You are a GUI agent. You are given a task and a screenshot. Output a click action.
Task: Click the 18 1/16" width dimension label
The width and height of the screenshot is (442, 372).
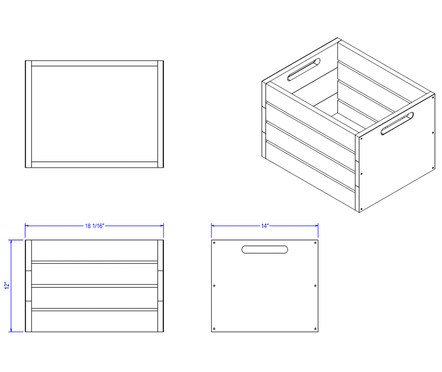coord(95,226)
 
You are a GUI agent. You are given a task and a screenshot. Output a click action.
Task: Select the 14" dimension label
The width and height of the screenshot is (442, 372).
coord(265,226)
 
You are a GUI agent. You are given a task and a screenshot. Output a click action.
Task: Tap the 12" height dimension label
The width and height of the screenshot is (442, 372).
coord(7,285)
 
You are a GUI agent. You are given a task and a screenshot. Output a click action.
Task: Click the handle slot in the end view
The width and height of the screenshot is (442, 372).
coord(265,249)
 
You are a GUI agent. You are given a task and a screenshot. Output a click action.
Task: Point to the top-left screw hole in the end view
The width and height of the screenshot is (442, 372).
coord(214,243)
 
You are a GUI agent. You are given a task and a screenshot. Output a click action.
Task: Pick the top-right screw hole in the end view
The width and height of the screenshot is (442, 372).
coord(315,243)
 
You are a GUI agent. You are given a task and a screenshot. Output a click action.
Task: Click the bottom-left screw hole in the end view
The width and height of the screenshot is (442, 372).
coord(214,329)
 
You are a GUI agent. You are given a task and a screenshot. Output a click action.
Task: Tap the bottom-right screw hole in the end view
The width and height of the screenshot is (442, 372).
coord(315,329)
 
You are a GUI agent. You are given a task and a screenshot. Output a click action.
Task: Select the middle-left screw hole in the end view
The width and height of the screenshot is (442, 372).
coord(214,286)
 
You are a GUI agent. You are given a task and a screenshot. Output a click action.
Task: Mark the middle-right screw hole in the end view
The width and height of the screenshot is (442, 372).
coord(315,286)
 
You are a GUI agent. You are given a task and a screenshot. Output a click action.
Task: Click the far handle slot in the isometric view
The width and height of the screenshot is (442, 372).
coord(304,70)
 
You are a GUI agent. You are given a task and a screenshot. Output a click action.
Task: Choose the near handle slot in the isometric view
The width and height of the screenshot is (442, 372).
coord(397,123)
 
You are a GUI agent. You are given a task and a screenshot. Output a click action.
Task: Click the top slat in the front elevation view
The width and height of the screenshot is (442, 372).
coord(94,251)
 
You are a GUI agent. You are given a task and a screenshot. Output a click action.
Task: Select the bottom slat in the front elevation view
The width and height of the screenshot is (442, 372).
coord(94,321)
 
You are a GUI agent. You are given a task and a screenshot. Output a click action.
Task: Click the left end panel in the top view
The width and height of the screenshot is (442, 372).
coord(28,114)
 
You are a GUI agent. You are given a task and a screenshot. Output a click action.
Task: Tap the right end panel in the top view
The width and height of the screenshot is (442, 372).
coord(161,114)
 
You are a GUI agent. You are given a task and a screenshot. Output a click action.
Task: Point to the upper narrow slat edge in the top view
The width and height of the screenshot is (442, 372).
coord(94,63)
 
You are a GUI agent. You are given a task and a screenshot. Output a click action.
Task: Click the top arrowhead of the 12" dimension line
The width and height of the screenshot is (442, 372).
coord(11,242)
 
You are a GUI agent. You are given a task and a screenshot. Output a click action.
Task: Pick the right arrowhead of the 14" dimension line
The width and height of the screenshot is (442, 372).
coord(316,226)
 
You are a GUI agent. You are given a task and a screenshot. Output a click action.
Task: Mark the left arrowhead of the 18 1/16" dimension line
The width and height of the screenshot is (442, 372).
coord(27,226)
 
